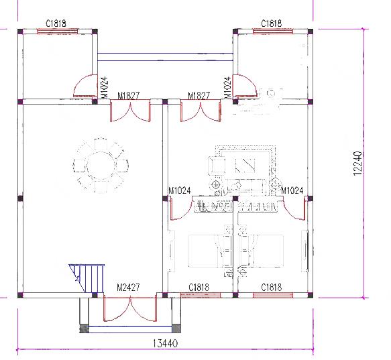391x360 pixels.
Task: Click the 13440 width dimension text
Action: (x=165, y=343)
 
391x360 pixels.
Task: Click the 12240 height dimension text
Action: (x=357, y=164)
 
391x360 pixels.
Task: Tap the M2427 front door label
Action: (x=128, y=288)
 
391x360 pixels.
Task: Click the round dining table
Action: (x=101, y=165)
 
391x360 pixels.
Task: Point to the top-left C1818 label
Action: (x=56, y=23)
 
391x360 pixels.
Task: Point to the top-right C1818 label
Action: (x=272, y=23)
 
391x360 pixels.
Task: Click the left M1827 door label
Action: (x=129, y=96)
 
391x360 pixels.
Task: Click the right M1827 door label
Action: (x=199, y=96)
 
